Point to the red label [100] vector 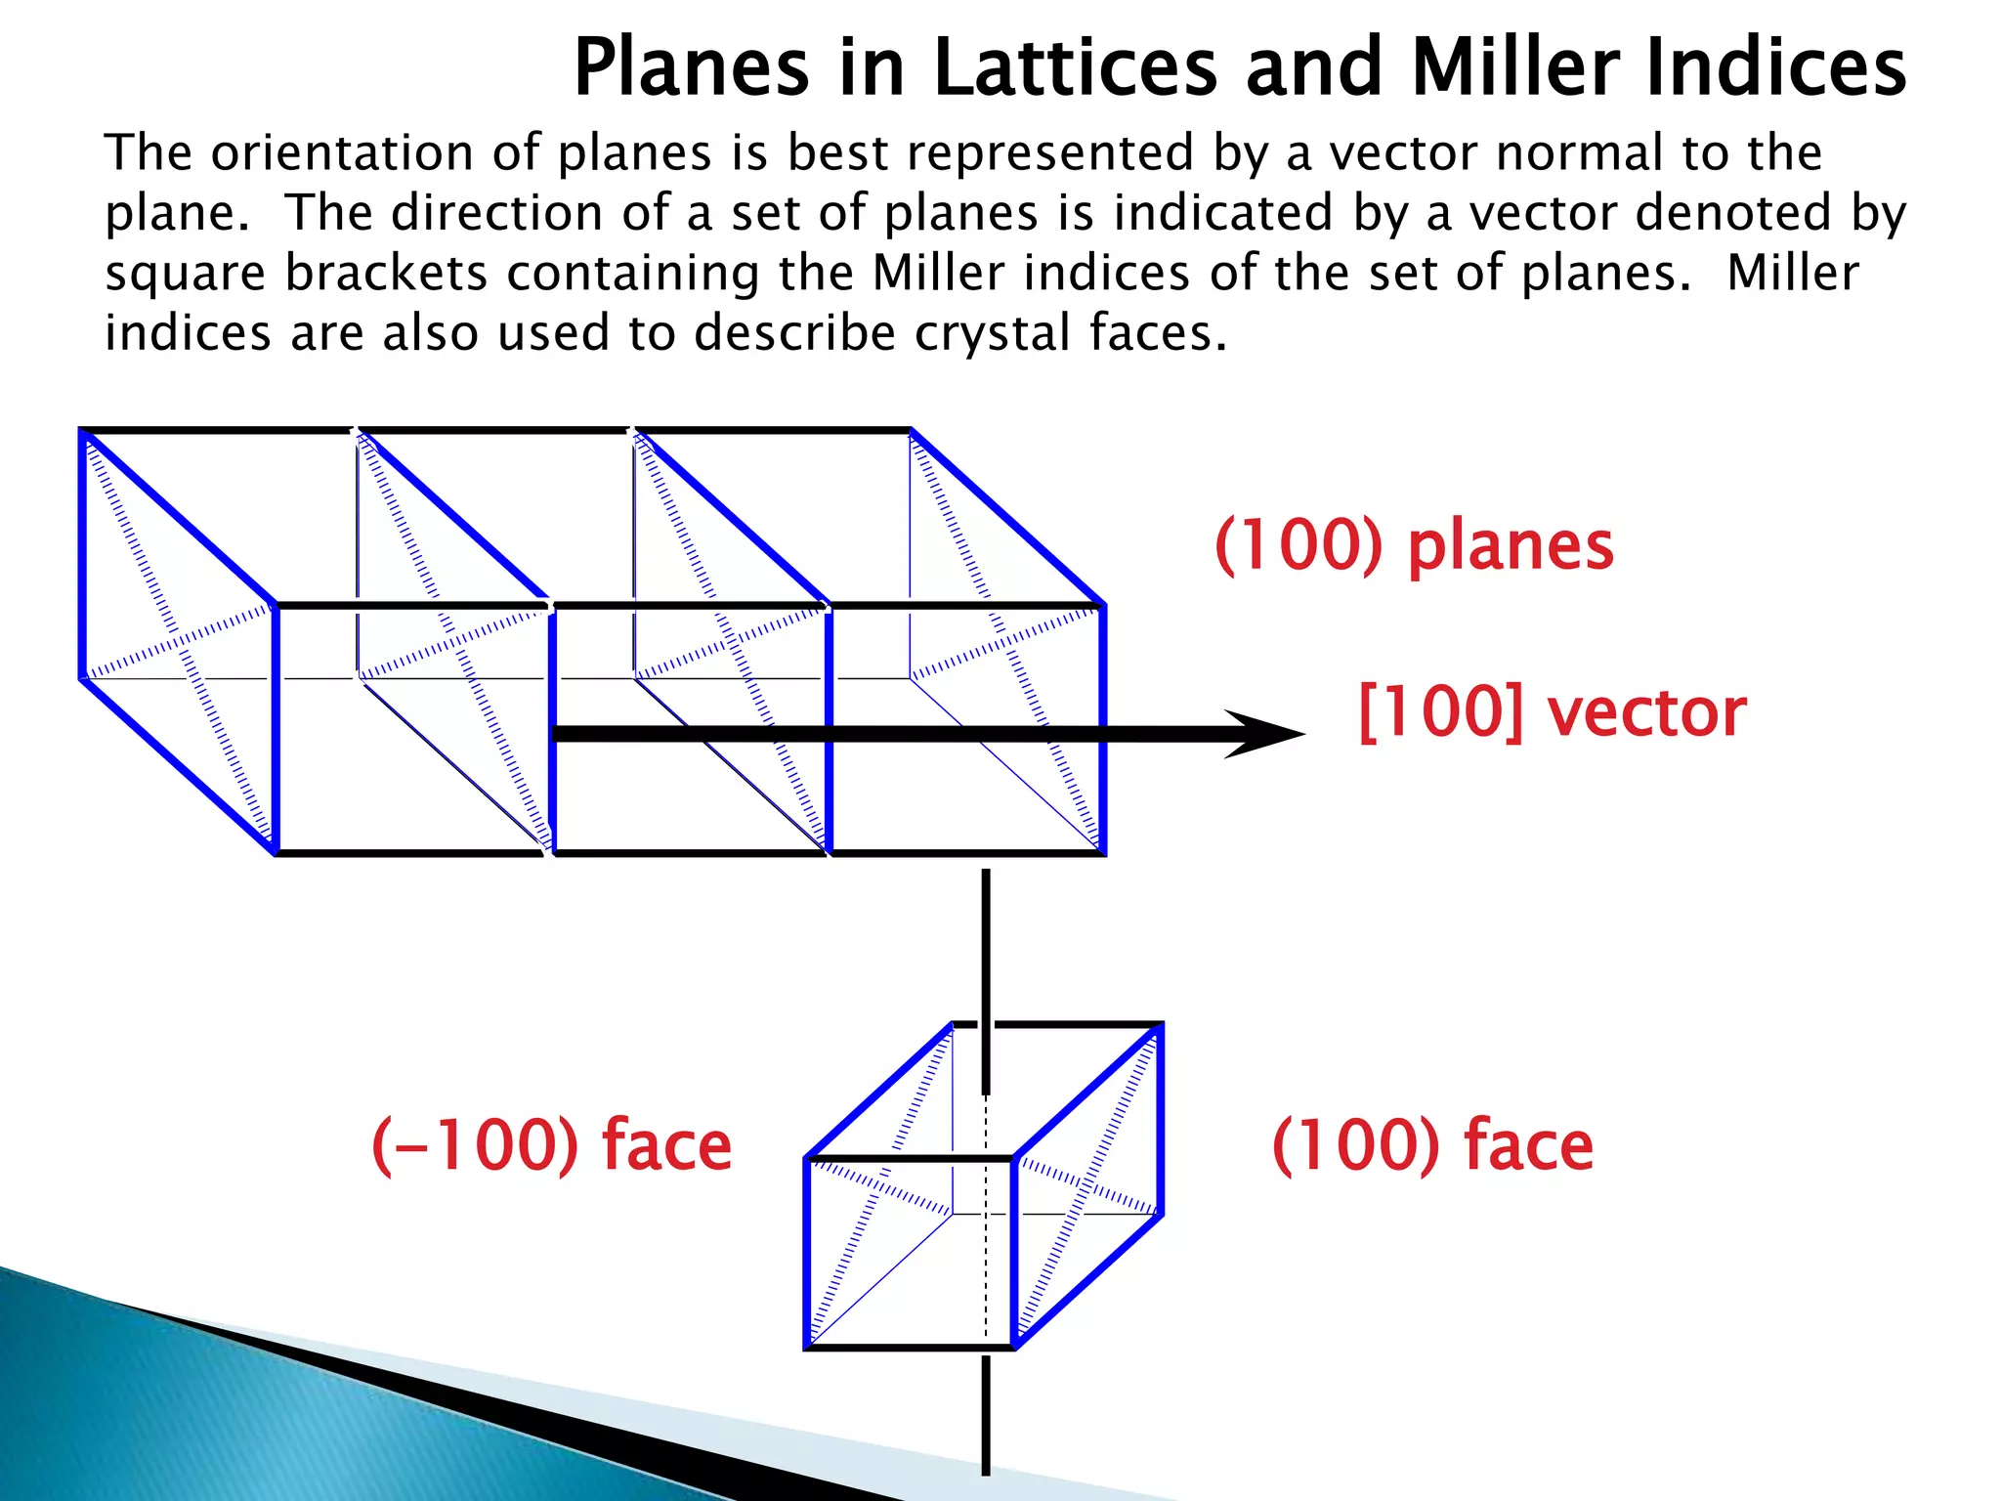[1553, 712]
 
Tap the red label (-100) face [551, 1144]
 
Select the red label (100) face [1432, 1144]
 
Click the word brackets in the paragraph [385, 274]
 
